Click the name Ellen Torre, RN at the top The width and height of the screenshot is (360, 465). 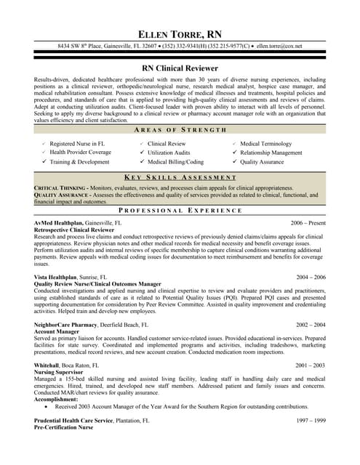[180, 34]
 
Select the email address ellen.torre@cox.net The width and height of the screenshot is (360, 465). [279, 46]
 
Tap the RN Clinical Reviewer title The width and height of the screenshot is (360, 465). [180, 68]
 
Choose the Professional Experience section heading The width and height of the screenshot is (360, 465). [180, 210]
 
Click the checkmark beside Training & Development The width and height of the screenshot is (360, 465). [44, 161]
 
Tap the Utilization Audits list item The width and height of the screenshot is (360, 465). [172, 153]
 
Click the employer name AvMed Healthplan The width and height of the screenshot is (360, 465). [58, 222]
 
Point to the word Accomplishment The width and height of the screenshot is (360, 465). [60, 399]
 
